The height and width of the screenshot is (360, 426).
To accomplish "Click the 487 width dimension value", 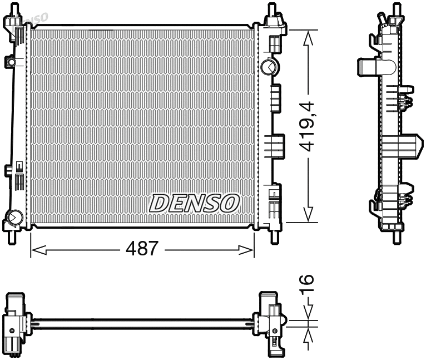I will coord(142,249).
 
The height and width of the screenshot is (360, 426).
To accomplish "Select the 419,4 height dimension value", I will coord(307,126).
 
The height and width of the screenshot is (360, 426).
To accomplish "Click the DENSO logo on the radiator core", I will coord(194,203).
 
